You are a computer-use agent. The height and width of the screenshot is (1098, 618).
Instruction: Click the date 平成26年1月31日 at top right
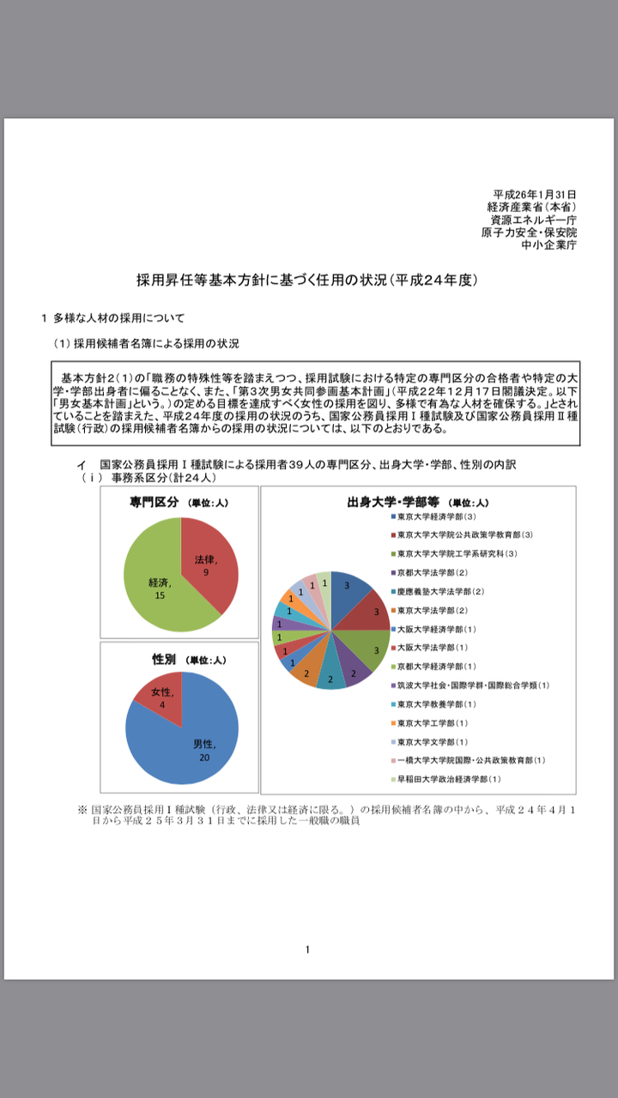[535, 195]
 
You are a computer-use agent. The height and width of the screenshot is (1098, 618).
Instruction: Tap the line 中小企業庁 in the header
[549, 244]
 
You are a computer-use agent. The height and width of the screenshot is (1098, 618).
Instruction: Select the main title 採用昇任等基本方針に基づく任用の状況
[306, 280]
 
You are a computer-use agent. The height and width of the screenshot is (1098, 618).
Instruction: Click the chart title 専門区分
[154, 503]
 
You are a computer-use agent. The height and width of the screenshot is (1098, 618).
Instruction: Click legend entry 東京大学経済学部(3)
[435, 516]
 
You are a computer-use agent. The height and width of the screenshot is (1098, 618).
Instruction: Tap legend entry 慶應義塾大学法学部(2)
[440, 591]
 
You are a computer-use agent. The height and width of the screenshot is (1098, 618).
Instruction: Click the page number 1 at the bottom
[307, 949]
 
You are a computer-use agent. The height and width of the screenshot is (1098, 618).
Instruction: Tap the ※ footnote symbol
[82, 809]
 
